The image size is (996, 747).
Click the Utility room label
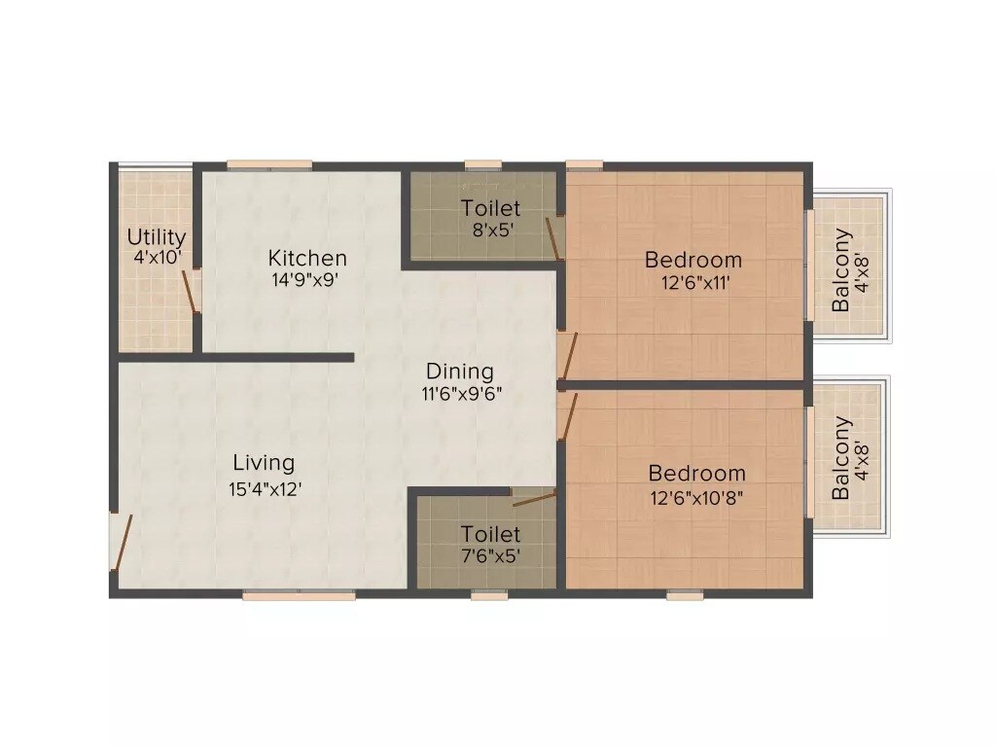(157, 236)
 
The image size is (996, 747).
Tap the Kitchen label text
(307, 258)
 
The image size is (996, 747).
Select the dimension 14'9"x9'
(307, 280)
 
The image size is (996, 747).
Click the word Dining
(460, 372)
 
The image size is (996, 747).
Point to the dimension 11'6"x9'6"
(460, 394)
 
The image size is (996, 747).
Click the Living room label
(264, 463)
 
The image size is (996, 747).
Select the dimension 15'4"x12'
(265, 489)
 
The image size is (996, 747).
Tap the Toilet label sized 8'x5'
(491, 208)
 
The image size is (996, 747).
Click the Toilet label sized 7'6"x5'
(491, 534)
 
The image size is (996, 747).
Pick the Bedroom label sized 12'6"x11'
(694, 260)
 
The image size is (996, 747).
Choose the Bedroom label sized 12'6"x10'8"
(697, 474)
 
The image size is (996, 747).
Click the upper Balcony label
(841, 270)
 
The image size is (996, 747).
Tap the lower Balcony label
(841, 459)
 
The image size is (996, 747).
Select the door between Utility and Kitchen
(193, 291)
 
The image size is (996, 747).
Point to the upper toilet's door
(553, 239)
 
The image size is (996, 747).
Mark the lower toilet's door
(533, 499)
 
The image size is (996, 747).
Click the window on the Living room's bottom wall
(299, 595)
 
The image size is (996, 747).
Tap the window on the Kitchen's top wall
(269, 165)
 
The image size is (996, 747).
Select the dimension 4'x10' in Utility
(157, 259)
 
